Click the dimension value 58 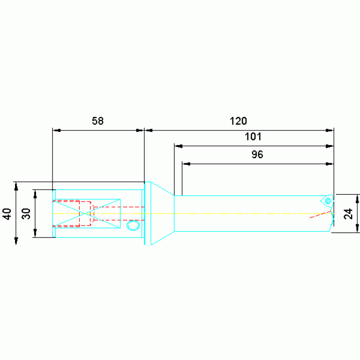tap(98, 121)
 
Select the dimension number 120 tap(238, 121)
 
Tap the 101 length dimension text tap(253, 137)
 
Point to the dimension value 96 tap(257, 154)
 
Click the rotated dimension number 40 tap(8, 214)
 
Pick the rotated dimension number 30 tap(26, 214)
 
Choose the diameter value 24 tap(348, 214)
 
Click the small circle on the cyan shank tap(133, 225)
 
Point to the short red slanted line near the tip tap(320, 214)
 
